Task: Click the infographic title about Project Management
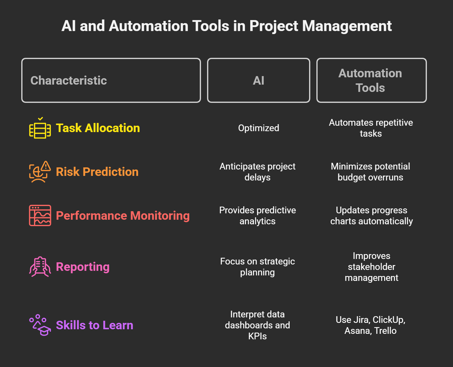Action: (226, 26)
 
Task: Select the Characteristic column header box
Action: (111, 80)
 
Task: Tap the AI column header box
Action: (259, 80)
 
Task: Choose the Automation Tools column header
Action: (372, 80)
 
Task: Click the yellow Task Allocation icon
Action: (40, 128)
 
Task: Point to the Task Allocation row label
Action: (98, 128)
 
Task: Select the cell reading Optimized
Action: (259, 128)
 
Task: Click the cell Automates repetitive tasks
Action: (371, 128)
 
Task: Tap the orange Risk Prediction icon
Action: (40, 172)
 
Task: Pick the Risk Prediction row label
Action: (97, 172)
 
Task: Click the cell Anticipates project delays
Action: (257, 172)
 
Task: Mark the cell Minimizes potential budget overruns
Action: (370, 172)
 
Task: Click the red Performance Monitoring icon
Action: (40, 215)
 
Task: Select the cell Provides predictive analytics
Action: (257, 216)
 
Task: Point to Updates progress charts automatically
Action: (372, 216)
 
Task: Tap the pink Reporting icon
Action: (40, 267)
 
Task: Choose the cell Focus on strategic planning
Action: (257, 267)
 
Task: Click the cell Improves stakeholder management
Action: (372, 267)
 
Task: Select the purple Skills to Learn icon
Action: (40, 325)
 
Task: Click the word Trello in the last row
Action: (385, 331)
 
